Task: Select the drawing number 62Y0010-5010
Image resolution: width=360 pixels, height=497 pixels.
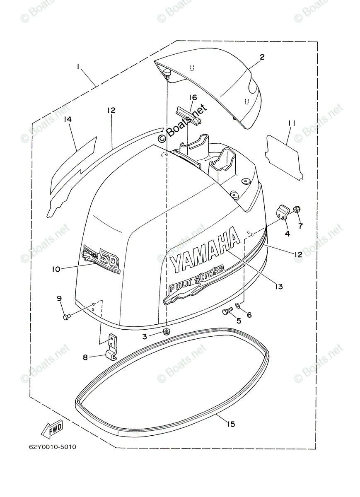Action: click(53, 447)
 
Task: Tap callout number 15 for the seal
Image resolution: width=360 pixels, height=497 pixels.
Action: click(231, 424)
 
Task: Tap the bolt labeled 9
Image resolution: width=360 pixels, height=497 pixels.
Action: click(66, 317)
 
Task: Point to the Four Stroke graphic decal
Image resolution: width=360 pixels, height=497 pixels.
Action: click(195, 286)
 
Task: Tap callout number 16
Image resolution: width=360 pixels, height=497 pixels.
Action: click(193, 98)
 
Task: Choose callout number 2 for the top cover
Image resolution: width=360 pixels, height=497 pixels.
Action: click(262, 57)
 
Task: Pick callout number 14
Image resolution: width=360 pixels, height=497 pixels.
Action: click(68, 119)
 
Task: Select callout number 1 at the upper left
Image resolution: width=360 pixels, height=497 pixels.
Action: click(77, 66)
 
